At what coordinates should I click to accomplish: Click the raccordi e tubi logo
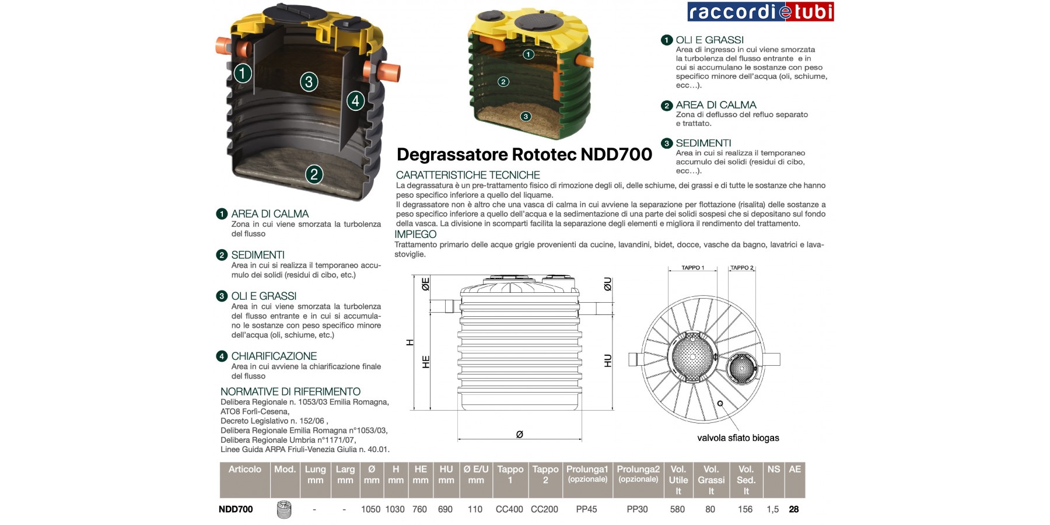[760, 12]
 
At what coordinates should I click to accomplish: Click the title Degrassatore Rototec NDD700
[524, 155]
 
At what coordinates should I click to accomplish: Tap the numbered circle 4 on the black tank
[355, 100]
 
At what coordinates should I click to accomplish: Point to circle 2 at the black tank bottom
[314, 174]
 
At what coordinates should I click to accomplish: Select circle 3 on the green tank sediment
[526, 116]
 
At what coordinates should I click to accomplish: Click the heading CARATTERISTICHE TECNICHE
[468, 175]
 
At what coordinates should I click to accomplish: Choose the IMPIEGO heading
[415, 235]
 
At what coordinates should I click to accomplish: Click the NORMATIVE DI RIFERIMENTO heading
[290, 392]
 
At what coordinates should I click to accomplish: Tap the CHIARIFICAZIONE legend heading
[274, 356]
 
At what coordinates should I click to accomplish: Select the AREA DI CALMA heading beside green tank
[716, 105]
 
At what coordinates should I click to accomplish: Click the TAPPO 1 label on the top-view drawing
[692, 268]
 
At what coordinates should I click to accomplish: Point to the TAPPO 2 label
[742, 268]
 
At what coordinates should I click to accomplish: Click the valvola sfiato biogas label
[738, 438]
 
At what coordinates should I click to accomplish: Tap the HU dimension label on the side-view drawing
[608, 360]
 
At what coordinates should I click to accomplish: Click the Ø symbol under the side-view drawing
[519, 435]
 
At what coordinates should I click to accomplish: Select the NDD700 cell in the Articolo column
[236, 509]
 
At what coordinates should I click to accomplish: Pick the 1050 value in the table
[370, 509]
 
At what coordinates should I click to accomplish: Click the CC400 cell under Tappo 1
[509, 509]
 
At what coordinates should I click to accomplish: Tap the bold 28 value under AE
[794, 509]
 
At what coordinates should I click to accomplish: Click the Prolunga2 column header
[638, 474]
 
